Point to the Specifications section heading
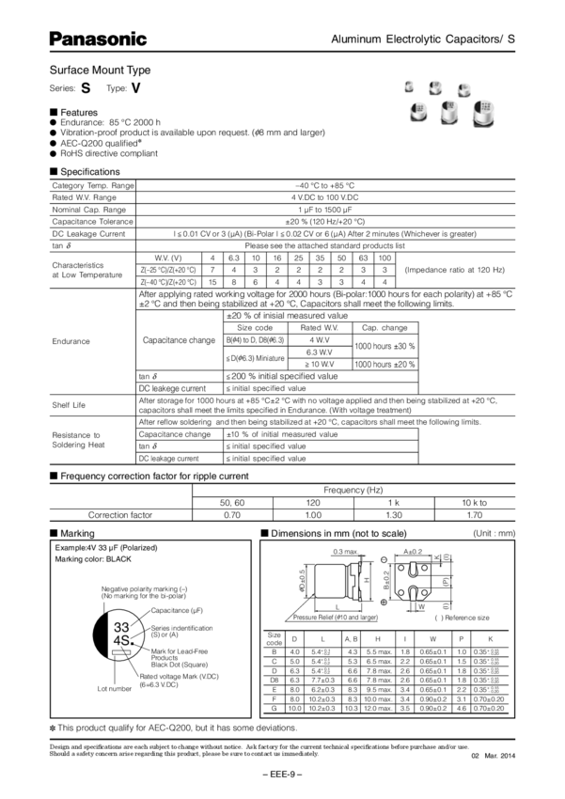point(89,172)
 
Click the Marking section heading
point(79,534)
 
